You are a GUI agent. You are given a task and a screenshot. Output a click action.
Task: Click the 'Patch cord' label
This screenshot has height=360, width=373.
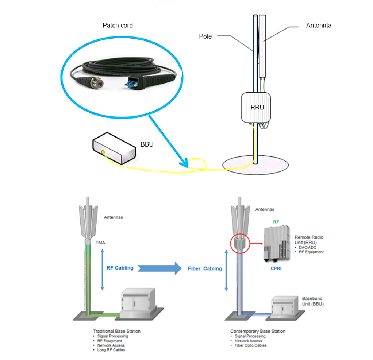118,26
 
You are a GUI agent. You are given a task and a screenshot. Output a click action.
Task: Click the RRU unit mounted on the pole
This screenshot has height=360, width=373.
257,107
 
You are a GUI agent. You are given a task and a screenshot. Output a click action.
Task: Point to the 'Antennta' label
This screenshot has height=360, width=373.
319,26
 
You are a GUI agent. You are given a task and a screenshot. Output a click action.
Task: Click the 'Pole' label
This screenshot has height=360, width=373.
205,36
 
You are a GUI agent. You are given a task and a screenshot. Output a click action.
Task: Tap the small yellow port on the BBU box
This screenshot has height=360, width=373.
103,152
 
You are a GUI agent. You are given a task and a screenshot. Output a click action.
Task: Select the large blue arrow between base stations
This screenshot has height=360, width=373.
161,268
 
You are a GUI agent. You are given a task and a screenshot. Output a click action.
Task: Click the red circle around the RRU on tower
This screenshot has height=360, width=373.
239,242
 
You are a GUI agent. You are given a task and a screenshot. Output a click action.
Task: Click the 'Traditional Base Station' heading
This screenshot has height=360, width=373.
117,331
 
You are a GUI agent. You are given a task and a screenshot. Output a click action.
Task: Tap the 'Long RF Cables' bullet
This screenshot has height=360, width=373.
111,350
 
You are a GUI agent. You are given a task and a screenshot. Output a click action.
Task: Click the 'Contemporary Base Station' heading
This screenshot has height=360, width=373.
258,331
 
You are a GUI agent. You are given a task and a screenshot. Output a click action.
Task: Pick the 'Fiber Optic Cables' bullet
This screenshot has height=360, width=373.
250,345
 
